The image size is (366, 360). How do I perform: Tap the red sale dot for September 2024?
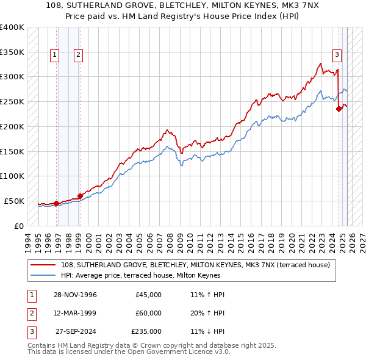pyautogui.click(x=339, y=109)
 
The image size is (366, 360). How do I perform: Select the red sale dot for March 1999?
pyautogui.click(x=80, y=196)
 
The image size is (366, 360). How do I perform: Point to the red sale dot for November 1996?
pyautogui.click(x=57, y=203)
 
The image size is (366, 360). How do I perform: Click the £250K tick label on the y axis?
pyautogui.click(x=12, y=101)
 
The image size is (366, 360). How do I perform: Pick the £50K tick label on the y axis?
pyautogui.click(x=14, y=201)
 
